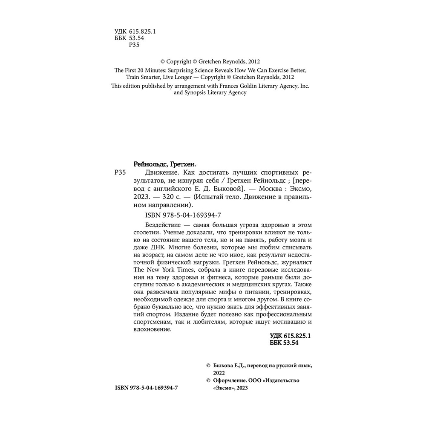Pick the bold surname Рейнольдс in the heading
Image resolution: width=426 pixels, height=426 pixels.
148,164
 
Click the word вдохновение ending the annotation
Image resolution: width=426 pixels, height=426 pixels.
152,329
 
